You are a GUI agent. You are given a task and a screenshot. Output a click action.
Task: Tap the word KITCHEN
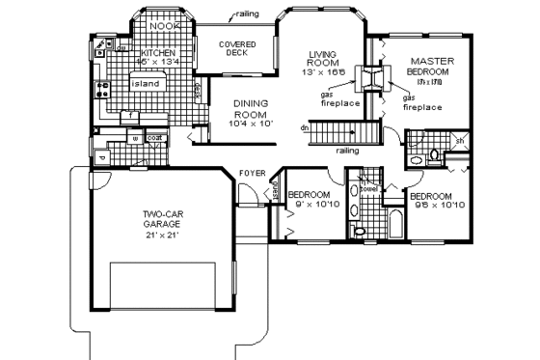coord(157,52)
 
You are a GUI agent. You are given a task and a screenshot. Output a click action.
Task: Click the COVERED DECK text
coord(237,49)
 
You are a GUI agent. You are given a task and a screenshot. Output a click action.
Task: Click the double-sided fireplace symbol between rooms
coord(369,78)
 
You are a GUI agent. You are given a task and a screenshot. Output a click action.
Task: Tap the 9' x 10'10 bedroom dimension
coord(310,204)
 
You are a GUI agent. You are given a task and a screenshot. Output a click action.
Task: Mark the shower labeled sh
coord(460,141)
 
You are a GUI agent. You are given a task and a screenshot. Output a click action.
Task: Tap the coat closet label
coord(154,137)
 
